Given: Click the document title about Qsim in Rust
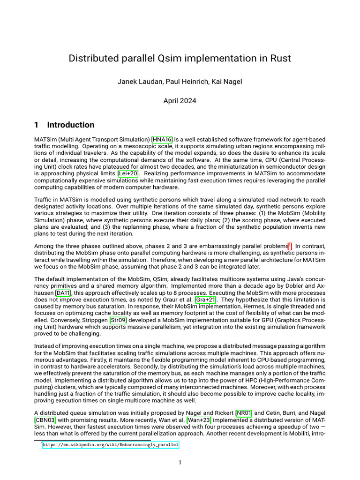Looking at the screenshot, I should coord(180,58).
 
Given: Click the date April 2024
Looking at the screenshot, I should coord(180,100).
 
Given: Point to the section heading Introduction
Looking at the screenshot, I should coord(70,125).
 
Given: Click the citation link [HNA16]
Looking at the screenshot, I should coord(162,140).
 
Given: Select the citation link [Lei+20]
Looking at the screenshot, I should coord(128,173).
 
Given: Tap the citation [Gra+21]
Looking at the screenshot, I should coord(206,300).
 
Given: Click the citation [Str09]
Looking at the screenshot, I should coord(118,320).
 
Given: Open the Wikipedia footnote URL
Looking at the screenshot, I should coord(111,445).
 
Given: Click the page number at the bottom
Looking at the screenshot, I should coord(180,463).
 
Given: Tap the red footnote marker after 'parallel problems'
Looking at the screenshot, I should coord(290,245).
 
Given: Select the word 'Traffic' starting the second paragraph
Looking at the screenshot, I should coord(43,200).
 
